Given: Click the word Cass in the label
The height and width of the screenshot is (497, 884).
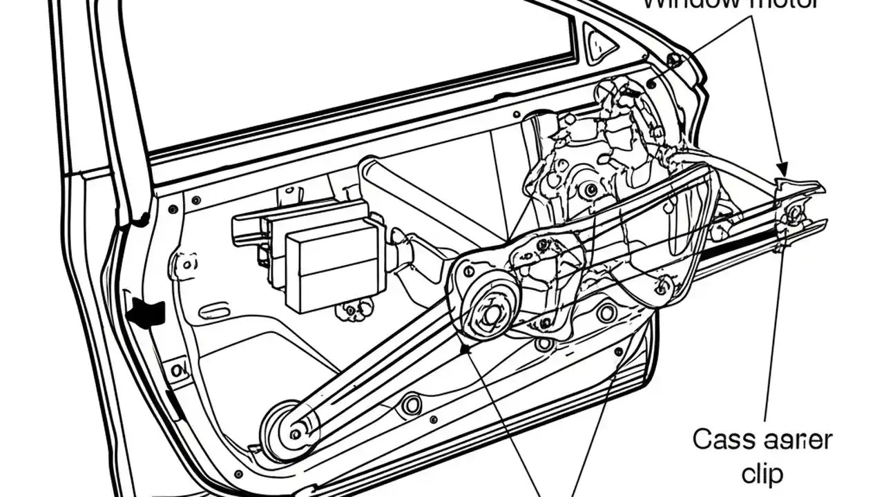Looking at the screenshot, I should (x=721, y=440).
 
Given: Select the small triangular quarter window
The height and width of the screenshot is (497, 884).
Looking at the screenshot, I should (x=599, y=43).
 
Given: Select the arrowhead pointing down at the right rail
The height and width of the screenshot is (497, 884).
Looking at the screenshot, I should (x=781, y=168).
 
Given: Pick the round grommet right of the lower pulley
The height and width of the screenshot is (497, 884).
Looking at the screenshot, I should (x=412, y=404).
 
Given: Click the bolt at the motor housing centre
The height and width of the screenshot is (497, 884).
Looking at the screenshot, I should (x=591, y=189).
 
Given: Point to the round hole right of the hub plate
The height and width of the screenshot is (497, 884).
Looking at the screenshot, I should (x=606, y=313).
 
